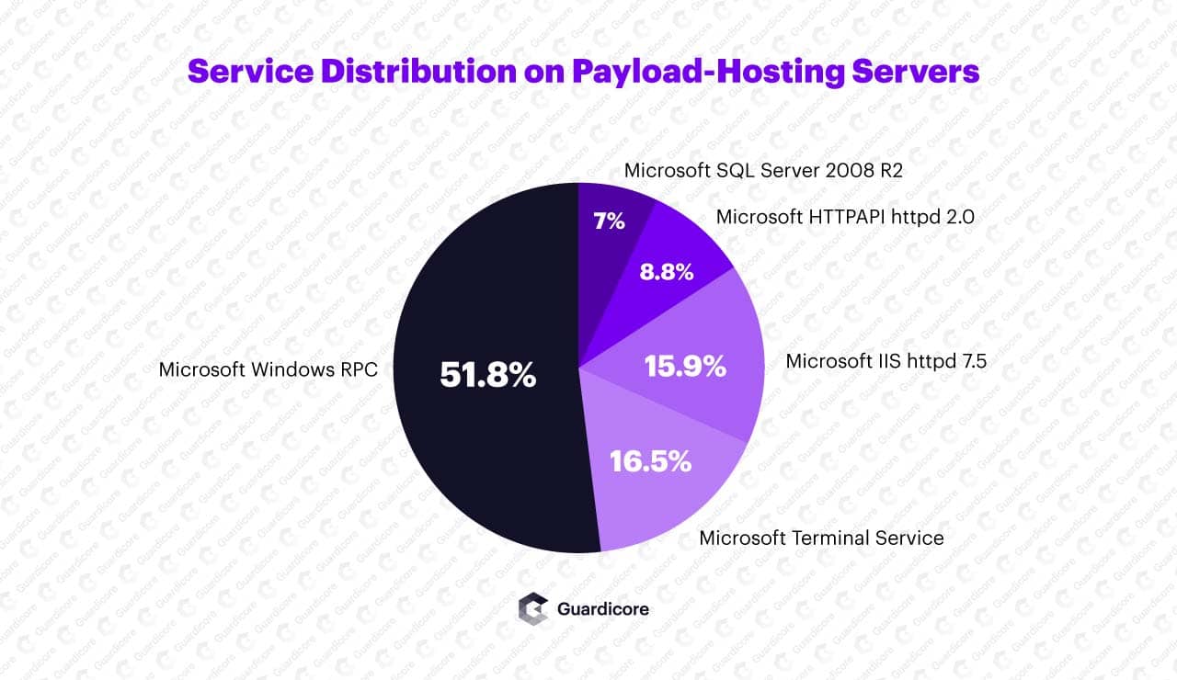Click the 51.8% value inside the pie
point(487,374)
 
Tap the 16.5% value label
point(651,460)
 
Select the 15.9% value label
point(685,366)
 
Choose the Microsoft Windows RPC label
point(269,369)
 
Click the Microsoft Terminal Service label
point(821,538)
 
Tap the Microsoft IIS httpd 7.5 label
point(886,360)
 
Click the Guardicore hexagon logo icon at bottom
point(533,608)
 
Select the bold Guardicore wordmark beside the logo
point(603,608)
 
